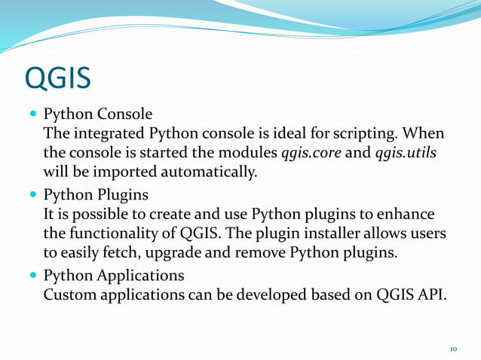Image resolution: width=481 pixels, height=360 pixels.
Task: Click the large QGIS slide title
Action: [58, 78]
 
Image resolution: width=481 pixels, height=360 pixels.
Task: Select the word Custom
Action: [70, 294]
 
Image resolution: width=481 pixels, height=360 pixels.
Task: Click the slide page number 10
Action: [454, 349]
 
